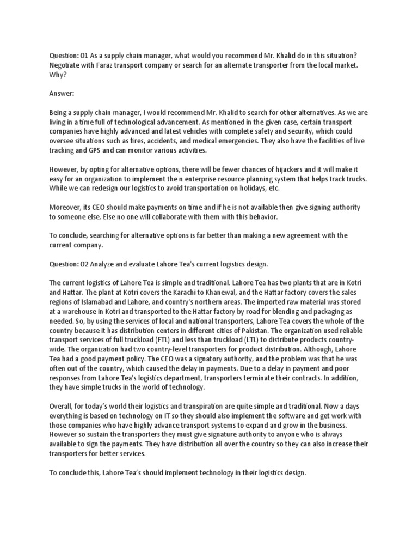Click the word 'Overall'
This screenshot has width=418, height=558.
[x=63, y=406]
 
